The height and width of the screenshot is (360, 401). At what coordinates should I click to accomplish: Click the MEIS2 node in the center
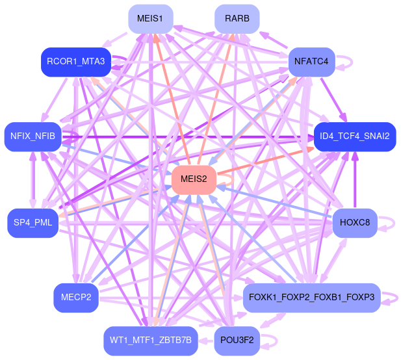click(193, 180)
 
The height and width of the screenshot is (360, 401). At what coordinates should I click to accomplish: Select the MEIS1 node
click(150, 18)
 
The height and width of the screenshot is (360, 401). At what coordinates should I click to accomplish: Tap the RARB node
click(237, 18)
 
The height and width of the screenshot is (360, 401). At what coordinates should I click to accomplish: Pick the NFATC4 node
click(311, 62)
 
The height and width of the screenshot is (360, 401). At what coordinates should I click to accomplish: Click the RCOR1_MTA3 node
click(76, 62)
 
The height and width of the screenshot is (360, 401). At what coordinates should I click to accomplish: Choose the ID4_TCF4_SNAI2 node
click(354, 136)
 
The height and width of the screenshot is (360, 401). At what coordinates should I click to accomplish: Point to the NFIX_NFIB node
click(32, 136)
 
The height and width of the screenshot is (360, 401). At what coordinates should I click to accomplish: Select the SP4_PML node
click(32, 223)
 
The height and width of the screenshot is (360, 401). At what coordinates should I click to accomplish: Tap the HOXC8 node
click(354, 223)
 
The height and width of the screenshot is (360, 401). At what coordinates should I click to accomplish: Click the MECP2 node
click(76, 298)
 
